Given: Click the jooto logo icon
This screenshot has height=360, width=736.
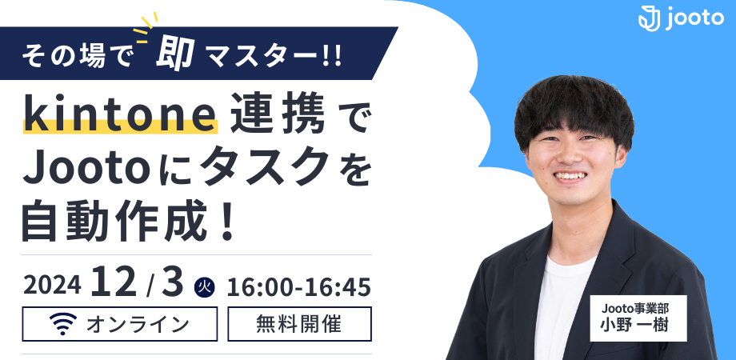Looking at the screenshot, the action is (x=649, y=18).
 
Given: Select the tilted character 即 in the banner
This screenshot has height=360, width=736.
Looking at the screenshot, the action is (x=175, y=53).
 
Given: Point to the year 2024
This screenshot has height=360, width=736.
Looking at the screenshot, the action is (x=52, y=286).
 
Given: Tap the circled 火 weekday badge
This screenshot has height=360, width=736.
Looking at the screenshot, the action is (x=204, y=286).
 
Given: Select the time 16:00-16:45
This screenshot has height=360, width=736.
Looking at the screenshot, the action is (x=298, y=286).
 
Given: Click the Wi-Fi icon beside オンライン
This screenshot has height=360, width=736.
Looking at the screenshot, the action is (x=63, y=324).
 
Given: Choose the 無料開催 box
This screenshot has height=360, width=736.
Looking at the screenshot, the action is (x=299, y=324).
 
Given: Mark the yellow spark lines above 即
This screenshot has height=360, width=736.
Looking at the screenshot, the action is (x=145, y=27).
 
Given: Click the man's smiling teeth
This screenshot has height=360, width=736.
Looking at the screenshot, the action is (x=570, y=175).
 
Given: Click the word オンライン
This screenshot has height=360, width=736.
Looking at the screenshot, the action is (x=138, y=324).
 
